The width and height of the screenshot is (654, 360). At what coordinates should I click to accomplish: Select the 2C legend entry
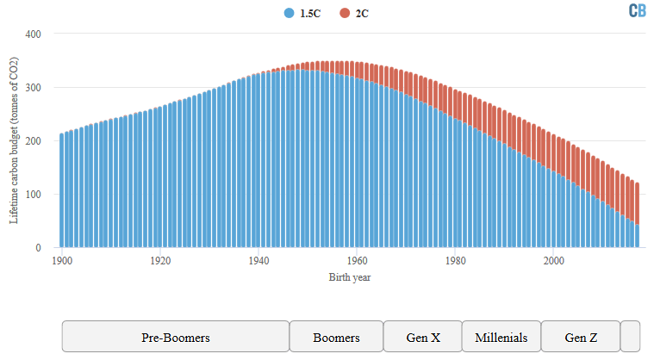tap(355, 13)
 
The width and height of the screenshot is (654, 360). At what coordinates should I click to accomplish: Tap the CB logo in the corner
tap(637, 10)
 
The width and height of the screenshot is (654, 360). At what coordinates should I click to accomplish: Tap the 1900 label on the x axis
tap(61, 260)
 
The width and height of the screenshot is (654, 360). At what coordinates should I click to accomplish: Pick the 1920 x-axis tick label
tap(159, 260)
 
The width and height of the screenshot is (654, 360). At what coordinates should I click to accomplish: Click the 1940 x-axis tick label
tap(258, 260)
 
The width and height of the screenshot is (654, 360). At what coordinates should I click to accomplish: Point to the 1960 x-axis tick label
tap(357, 260)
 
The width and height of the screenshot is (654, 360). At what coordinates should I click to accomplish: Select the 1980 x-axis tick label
tap(456, 260)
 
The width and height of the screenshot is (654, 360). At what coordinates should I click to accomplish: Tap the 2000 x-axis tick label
tap(554, 260)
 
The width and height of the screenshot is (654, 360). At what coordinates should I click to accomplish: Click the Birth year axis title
tap(351, 277)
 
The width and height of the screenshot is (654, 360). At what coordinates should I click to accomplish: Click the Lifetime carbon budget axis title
tap(14, 140)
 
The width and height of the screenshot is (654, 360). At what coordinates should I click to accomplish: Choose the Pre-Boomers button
tap(176, 337)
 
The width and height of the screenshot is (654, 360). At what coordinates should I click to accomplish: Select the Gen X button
tap(422, 337)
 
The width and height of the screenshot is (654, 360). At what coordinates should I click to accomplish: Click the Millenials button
tap(501, 337)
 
